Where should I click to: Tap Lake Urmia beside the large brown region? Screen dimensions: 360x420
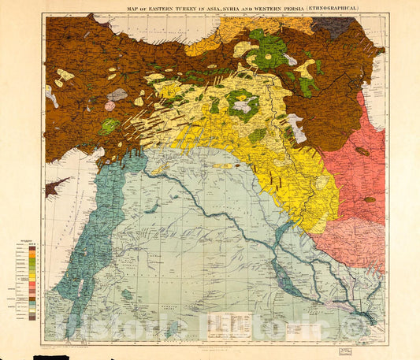coord(297,127)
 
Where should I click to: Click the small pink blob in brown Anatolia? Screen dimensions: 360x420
coord(110,106)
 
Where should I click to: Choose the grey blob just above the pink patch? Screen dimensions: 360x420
coord(117,95)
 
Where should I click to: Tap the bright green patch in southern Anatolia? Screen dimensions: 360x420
coord(110,125)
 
